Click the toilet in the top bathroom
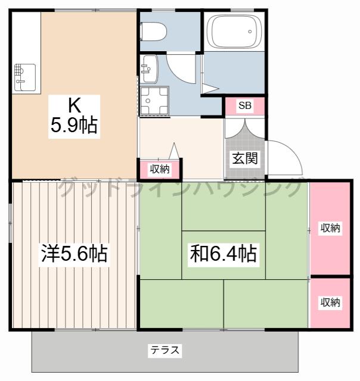pos(153,32)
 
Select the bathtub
pos(234,31)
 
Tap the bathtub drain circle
pos(250,32)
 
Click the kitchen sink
pos(25,77)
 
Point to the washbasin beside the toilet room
pos(149,69)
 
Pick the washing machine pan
pos(154,101)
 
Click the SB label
pos(245,105)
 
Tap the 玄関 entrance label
pos(245,158)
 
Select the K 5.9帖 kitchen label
pos(74,117)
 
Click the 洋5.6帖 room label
pos(74,254)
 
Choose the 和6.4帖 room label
pos(224,254)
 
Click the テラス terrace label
pos(165,350)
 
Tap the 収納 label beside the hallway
pos(160,168)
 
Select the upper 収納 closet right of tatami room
pos(330,228)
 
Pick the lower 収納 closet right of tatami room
pos(330,303)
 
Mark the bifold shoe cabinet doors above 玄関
pos(245,129)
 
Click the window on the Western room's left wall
pos(10,223)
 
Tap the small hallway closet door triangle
pos(174,151)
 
